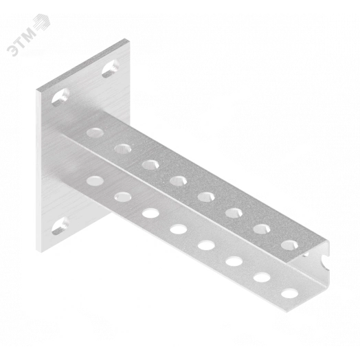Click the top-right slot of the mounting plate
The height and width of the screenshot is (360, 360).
[x=111, y=68]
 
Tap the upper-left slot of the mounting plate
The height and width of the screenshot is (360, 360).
[x=60, y=97]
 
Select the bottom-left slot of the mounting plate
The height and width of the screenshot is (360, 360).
[x=60, y=225]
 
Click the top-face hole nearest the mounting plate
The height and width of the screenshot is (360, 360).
[x=95, y=133]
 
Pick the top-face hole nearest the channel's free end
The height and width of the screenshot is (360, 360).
[x=289, y=245]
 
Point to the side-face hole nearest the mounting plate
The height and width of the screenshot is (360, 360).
[x=95, y=181]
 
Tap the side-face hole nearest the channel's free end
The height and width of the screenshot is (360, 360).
[x=289, y=293]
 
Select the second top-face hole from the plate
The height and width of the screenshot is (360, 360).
[x=122, y=149]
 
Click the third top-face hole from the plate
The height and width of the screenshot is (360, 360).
[x=150, y=165]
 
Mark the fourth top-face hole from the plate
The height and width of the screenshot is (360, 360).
[x=179, y=181]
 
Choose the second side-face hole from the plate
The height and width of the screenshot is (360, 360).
[x=123, y=197]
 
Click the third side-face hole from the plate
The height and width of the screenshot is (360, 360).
[x=150, y=213]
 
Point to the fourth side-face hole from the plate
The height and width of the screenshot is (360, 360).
[x=179, y=229]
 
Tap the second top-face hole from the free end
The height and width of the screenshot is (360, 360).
[x=262, y=229]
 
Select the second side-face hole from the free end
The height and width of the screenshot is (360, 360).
[x=262, y=277]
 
